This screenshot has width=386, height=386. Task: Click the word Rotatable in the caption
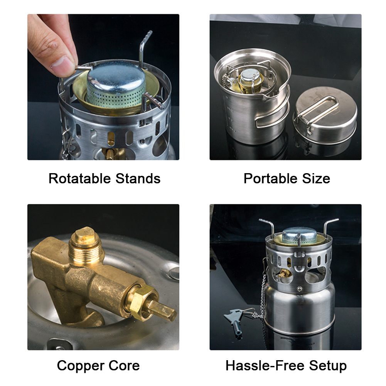(80, 179)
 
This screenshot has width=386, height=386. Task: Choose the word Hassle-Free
(263, 365)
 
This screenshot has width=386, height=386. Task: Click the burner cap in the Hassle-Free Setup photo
(298, 234)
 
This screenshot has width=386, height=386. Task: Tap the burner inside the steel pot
(250, 79)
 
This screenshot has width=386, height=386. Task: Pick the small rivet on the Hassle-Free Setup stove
(299, 289)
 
